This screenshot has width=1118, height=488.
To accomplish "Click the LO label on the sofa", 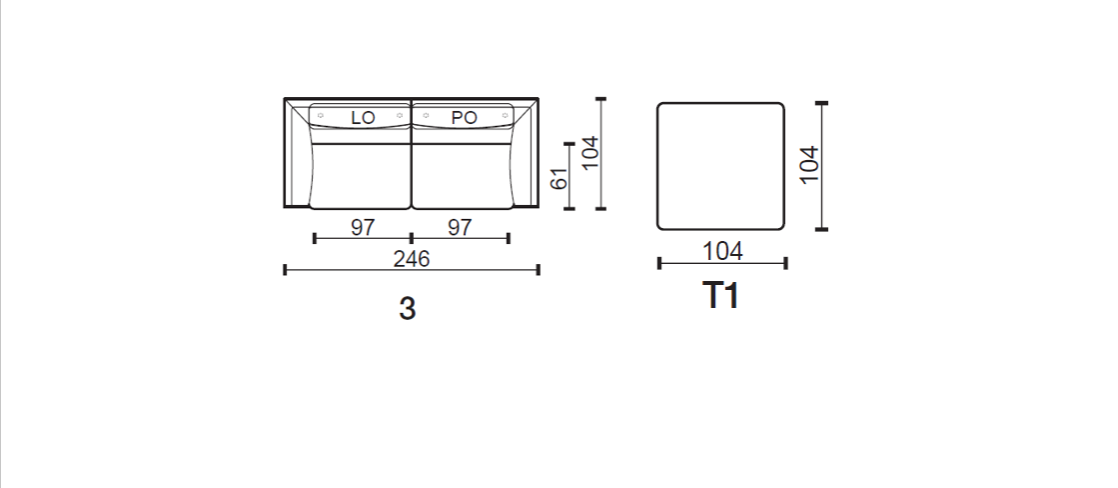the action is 363,118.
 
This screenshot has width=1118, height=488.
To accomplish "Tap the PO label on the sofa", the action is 465,118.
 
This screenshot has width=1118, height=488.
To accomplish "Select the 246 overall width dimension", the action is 412,259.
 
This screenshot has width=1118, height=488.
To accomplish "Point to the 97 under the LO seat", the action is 363,228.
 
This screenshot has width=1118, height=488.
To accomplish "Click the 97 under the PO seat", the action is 460,228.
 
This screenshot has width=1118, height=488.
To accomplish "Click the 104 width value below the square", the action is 722,251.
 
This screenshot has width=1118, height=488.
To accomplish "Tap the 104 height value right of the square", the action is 809,165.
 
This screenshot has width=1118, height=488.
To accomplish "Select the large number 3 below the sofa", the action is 407,309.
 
